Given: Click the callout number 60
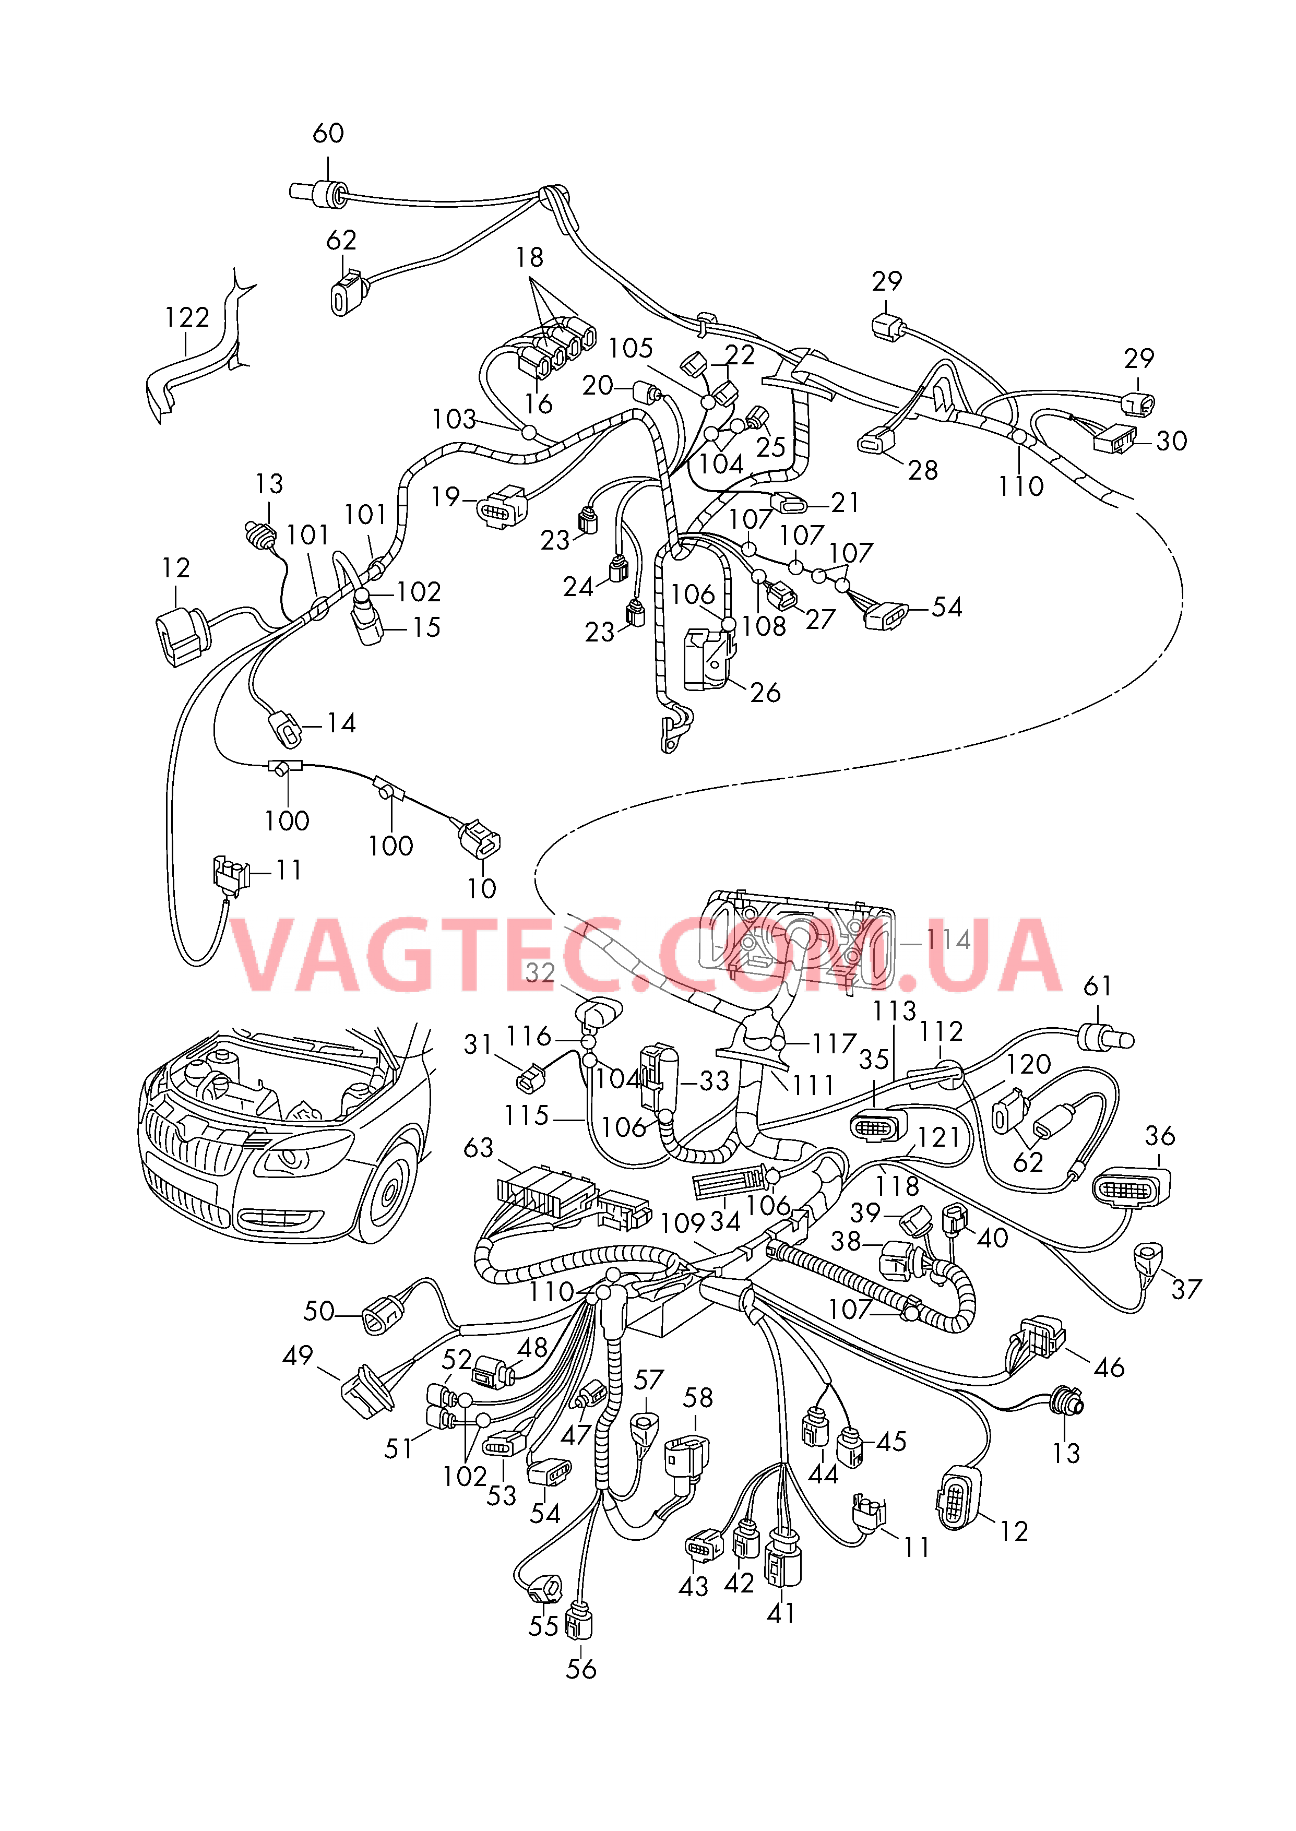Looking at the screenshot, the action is [328, 133].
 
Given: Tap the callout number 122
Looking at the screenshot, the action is [187, 317].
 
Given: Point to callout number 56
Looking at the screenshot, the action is [581, 1669].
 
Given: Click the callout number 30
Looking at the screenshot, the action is [1171, 441].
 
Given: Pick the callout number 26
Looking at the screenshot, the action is [765, 693].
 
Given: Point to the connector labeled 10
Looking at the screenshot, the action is [479, 838].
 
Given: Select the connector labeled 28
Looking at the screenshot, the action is [876, 441].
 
